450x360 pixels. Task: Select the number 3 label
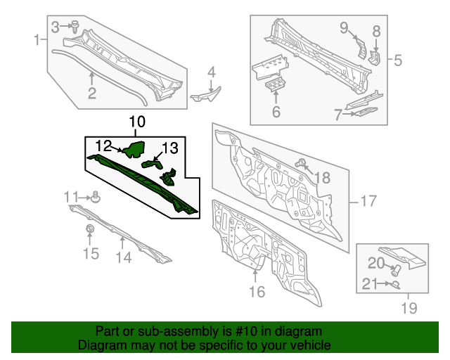pos(56,26)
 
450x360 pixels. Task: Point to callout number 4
pos(211,71)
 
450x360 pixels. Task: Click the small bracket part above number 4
pos(205,94)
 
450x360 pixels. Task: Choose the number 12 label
pos(104,146)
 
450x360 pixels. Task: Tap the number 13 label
pos(171,148)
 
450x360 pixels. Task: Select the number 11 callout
pos(72,196)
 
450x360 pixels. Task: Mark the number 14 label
pos(123,257)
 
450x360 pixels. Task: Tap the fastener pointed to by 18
pos(302,164)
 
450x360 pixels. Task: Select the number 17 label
pos(368,202)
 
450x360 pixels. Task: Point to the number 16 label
pos(257,291)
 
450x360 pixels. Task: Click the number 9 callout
pos(345,27)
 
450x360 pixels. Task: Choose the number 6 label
pos(276,112)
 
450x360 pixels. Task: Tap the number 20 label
pos(376,264)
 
